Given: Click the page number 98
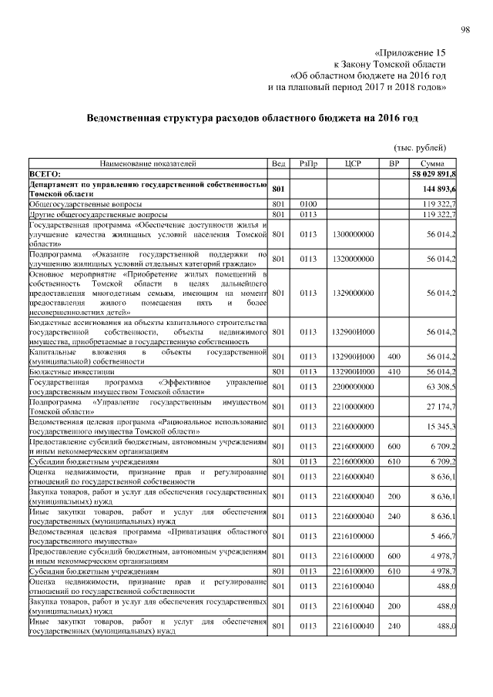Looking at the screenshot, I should tap(464, 30).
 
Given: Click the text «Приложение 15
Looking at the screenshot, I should tap(409, 53).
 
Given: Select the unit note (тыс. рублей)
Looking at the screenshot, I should tap(420, 147).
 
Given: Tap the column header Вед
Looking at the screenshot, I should tap(279, 164).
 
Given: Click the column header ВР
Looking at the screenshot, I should tap(394, 164).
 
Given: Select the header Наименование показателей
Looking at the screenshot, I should tap(146, 164).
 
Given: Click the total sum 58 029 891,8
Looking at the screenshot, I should tap(432, 174).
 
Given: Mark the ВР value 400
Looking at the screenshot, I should tap(394, 357).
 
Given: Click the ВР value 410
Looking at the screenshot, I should tap(394, 371).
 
